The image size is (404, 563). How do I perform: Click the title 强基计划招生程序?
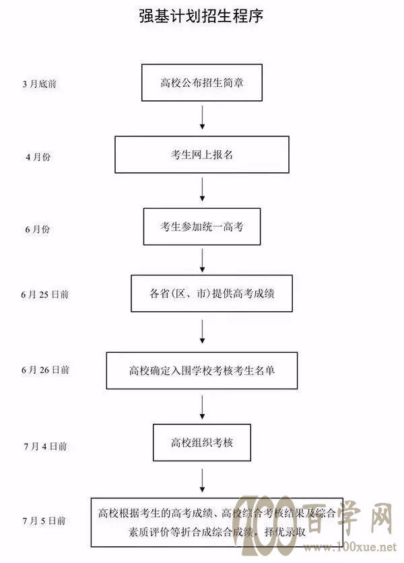click(201, 16)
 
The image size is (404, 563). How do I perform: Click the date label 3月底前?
click(40, 84)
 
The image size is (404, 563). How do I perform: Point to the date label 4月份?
click(38, 157)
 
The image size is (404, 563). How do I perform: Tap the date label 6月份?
click(38, 229)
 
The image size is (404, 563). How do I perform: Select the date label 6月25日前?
click(45, 295)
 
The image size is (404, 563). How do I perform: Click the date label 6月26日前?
click(45, 370)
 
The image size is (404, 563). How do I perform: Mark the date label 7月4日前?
click(46, 446)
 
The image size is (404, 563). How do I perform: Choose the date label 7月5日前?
click(44, 521)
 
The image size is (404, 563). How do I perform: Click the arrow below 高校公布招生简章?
click(202, 117)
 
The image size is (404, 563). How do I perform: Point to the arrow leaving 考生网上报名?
click(202, 189)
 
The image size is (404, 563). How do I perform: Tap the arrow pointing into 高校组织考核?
click(202, 407)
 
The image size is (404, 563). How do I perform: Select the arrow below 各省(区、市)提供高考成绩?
click(202, 332)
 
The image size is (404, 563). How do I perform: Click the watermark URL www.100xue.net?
click(350, 547)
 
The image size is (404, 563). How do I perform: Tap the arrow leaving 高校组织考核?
click(202, 480)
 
